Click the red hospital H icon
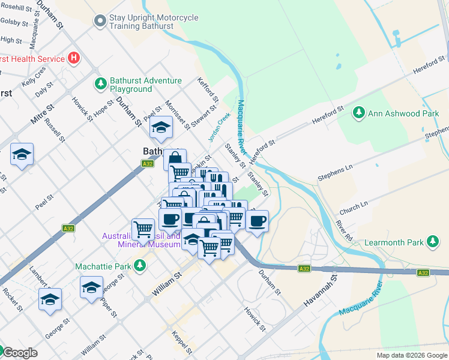74,58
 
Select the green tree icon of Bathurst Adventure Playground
100,83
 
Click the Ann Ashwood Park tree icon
358,112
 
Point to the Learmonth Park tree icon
432,242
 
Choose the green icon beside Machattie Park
139,265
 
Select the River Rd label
344,230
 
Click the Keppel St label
182,342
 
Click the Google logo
19,353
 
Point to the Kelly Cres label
34,76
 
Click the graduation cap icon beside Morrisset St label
161,127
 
